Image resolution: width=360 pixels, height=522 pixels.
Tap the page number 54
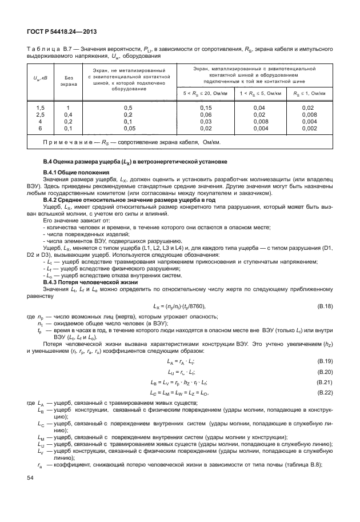click(30, 493)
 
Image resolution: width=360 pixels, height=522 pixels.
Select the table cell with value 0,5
click(128, 107)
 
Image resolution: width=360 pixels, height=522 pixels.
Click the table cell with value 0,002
click(309, 129)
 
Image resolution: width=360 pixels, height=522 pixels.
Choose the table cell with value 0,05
click(128, 129)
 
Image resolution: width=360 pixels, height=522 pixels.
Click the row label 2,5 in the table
click(41, 114)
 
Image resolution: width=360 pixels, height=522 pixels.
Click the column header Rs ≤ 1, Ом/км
click(309, 93)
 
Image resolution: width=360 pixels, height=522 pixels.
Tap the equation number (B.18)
click(324, 306)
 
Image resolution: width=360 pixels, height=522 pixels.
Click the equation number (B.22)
click(324, 393)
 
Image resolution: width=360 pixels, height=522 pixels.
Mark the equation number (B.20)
click(324, 372)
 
